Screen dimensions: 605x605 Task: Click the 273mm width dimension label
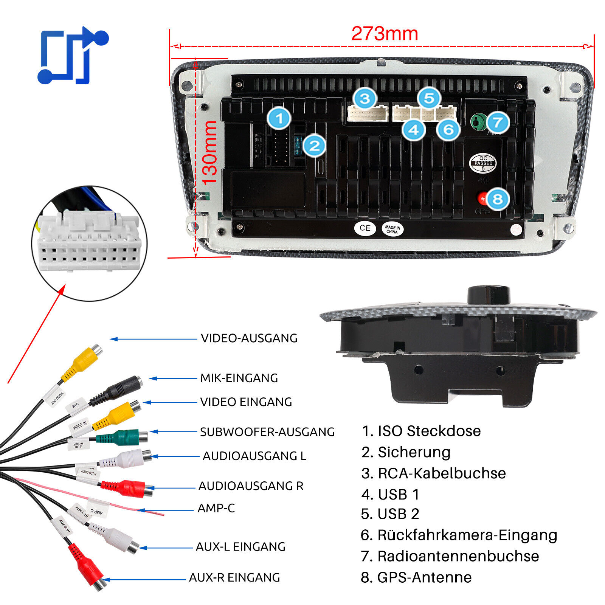tap(385, 34)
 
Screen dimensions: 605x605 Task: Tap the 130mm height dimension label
tap(210, 153)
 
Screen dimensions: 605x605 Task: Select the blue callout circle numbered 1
tap(279, 119)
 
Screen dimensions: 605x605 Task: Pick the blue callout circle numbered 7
tap(498, 122)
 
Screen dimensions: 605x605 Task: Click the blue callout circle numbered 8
tap(498, 199)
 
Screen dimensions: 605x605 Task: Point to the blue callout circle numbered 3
tap(365, 99)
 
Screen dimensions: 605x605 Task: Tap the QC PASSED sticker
tap(483, 163)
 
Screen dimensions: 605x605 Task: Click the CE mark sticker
tap(365, 228)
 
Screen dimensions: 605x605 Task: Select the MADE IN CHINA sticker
tap(392, 229)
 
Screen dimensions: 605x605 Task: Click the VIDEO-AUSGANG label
tap(249, 338)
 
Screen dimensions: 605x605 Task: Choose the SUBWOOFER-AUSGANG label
tap(267, 432)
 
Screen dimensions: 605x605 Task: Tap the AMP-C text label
tap(216, 508)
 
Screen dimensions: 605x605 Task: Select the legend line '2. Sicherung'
tap(406, 452)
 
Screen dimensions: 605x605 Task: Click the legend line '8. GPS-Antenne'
tap(416, 577)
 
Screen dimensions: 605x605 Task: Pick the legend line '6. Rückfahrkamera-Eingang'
tap(459, 535)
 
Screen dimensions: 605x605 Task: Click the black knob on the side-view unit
tap(489, 295)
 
